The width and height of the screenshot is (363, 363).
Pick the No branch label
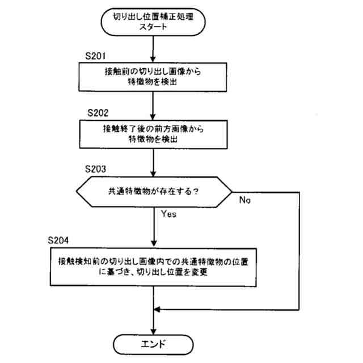[x=246, y=201]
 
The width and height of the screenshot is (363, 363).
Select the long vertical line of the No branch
[x=298, y=250]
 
